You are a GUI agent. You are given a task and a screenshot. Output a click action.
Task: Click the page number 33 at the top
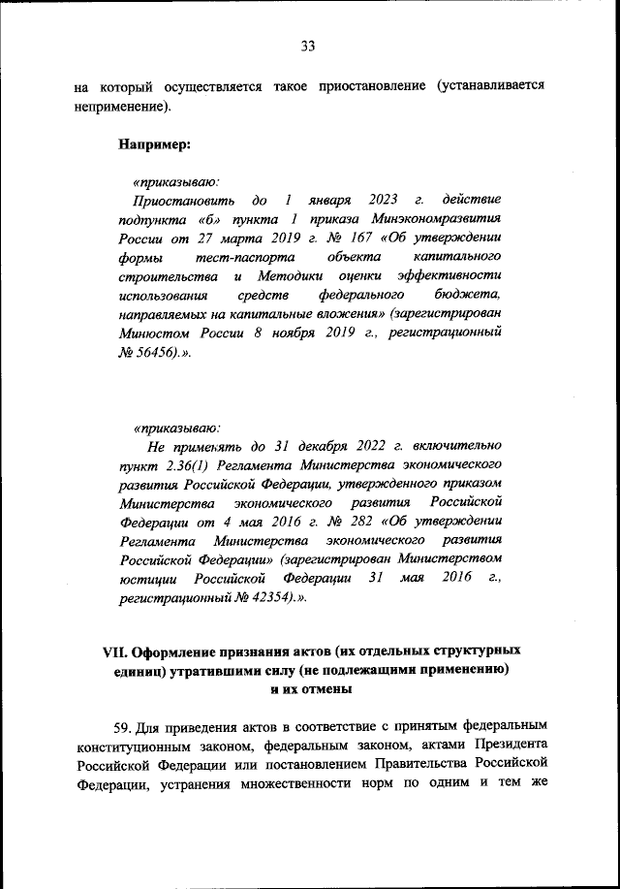(x=308, y=46)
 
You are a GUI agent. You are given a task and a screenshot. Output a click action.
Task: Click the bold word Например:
(x=154, y=144)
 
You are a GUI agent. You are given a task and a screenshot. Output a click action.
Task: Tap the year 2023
(x=370, y=200)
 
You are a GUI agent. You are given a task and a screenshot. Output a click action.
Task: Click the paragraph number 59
(x=128, y=724)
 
